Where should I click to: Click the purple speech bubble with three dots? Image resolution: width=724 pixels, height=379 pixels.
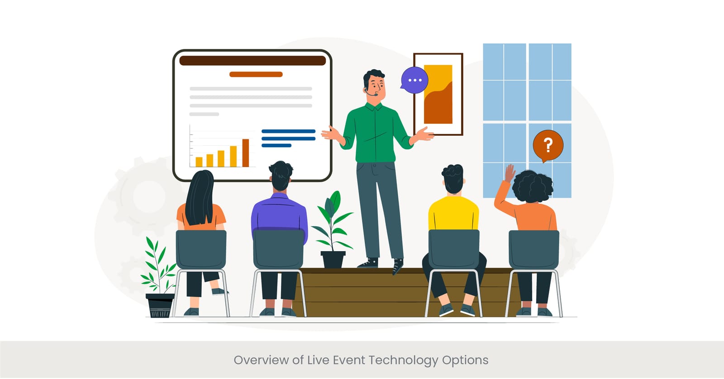point(414,80)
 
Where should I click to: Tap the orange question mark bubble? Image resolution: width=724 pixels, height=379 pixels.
point(548,145)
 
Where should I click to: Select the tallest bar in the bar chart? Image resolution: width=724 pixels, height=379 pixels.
point(246,153)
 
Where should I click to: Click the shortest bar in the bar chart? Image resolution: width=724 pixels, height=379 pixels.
point(199,162)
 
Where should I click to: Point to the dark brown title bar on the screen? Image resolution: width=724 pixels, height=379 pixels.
point(252,61)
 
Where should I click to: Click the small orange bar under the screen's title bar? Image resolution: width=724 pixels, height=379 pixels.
point(256,74)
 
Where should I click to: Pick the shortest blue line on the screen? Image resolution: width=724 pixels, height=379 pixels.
point(276,146)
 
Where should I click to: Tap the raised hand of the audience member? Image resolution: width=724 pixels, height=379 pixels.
point(510,173)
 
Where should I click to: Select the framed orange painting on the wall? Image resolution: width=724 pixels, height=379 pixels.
point(438,94)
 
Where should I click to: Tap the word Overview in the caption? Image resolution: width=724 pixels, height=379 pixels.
point(261,360)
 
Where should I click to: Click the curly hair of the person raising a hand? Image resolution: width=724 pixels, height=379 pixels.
point(533,186)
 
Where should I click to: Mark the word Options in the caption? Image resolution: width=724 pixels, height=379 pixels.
point(465,360)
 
